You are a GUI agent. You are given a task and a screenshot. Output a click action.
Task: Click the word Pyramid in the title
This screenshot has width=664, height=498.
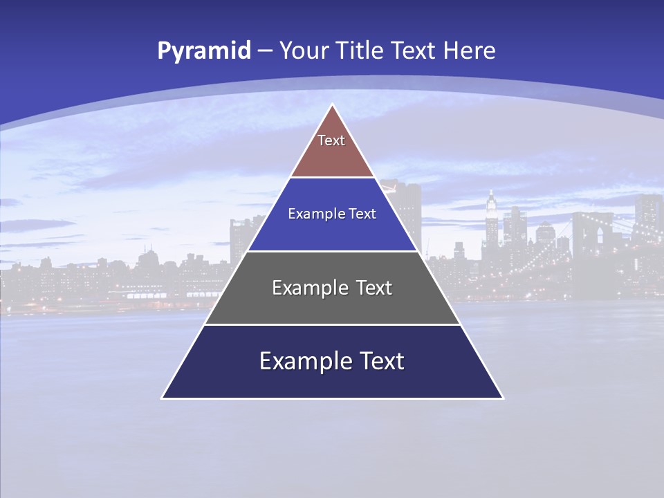click(x=203, y=51)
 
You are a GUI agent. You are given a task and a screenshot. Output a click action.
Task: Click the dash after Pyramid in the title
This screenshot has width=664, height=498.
click(x=264, y=51)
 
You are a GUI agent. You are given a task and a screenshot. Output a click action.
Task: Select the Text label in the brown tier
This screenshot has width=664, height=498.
click(x=331, y=140)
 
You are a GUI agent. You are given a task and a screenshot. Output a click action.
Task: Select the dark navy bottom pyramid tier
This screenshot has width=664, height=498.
click(x=332, y=380)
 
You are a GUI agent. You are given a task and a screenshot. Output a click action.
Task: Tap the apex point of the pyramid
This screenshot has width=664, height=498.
click(x=333, y=106)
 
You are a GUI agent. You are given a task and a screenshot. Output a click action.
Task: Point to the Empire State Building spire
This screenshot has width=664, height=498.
click(x=490, y=197)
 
